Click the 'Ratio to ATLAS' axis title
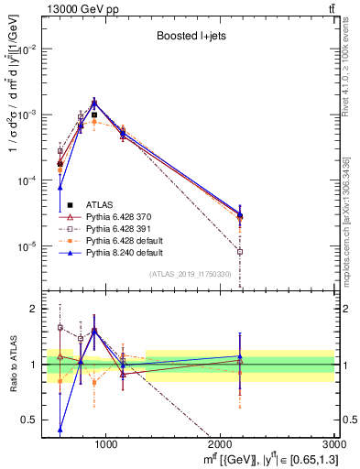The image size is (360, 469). [12, 363]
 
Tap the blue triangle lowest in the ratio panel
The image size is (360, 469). [60, 429]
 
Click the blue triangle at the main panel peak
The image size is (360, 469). [93, 102]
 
